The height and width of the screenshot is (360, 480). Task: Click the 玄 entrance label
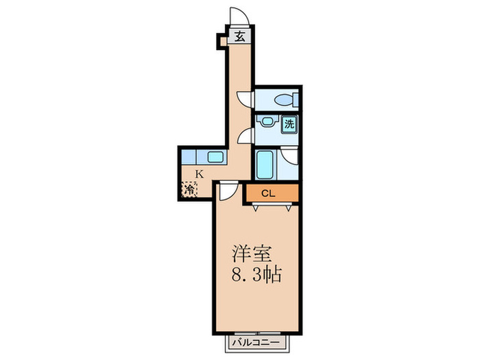coord(241,38)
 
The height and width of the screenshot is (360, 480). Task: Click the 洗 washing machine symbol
coord(290,125)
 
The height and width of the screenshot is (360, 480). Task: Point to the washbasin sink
coord(265,124)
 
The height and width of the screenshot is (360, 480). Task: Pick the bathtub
coord(265,165)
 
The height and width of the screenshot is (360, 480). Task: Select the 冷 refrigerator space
coord(189,189)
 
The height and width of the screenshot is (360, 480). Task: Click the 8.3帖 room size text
coord(255,276)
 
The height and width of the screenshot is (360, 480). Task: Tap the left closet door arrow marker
coord(255,206)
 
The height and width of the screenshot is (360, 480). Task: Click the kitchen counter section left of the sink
coord(191,157)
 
